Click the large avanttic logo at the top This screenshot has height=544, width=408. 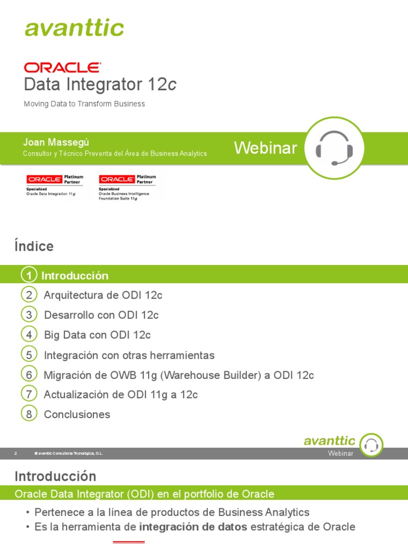click(x=74, y=28)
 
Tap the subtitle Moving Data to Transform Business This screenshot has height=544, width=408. click(x=84, y=104)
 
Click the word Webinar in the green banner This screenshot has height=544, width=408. click(x=266, y=148)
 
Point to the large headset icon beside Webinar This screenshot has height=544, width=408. click(x=334, y=148)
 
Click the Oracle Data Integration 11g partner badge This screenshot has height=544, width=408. click(x=55, y=185)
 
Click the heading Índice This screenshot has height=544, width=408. click(x=34, y=246)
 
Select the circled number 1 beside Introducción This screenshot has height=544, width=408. click(x=29, y=275)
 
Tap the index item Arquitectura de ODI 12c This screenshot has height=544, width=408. click(x=103, y=295)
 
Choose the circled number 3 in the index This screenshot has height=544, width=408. click(x=29, y=315)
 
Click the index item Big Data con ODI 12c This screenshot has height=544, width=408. click(x=97, y=335)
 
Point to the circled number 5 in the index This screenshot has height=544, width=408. click(x=29, y=354)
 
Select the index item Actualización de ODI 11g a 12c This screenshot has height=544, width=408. click(x=121, y=395)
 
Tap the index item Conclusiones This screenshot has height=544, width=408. click(x=77, y=414)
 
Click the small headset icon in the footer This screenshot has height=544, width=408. click(x=371, y=445)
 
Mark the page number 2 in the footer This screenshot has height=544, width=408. click(x=16, y=453)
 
